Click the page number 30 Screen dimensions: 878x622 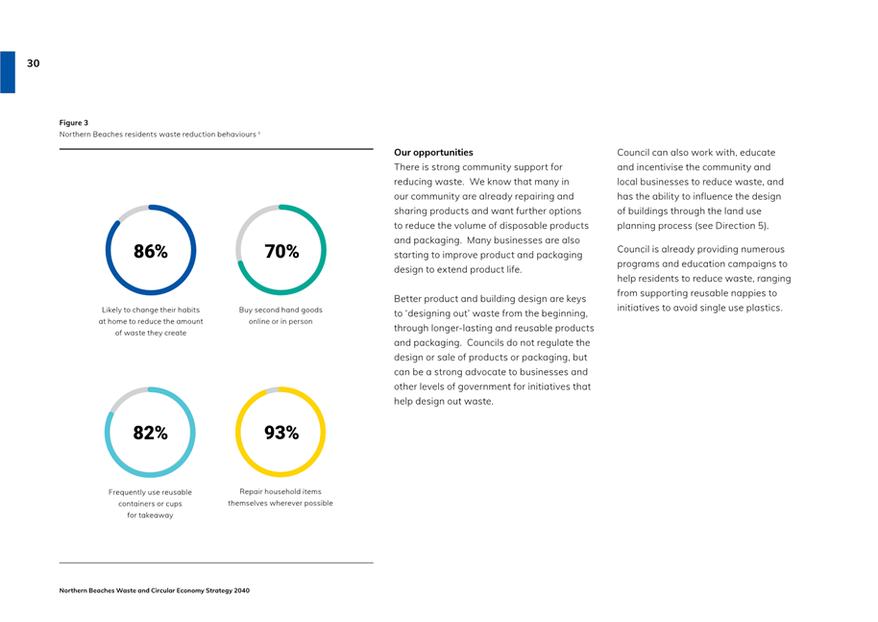pos(33,63)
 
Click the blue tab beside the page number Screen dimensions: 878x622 pos(8,72)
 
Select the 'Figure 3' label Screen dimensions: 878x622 pos(74,123)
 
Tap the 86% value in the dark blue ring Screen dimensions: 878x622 pos(151,251)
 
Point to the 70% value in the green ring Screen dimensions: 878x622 pos(281,251)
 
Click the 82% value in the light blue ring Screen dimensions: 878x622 pos(150,433)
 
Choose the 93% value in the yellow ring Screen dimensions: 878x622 pos(281,433)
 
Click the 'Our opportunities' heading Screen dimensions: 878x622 pos(433,153)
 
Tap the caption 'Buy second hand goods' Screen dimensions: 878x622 pos(280,310)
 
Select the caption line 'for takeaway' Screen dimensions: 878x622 pos(150,515)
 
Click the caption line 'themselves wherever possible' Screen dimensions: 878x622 pos(280,503)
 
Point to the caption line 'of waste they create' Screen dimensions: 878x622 pos(151,333)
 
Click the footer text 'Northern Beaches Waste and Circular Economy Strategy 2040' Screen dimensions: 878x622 pos(155,590)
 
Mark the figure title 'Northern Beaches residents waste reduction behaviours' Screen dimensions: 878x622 pos(158,135)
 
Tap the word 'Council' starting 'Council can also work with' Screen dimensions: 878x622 pos(633,153)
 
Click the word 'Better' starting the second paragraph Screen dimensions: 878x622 pos(407,299)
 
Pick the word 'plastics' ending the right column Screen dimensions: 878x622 pos(764,308)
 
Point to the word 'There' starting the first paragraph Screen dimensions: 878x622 pos(406,167)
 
